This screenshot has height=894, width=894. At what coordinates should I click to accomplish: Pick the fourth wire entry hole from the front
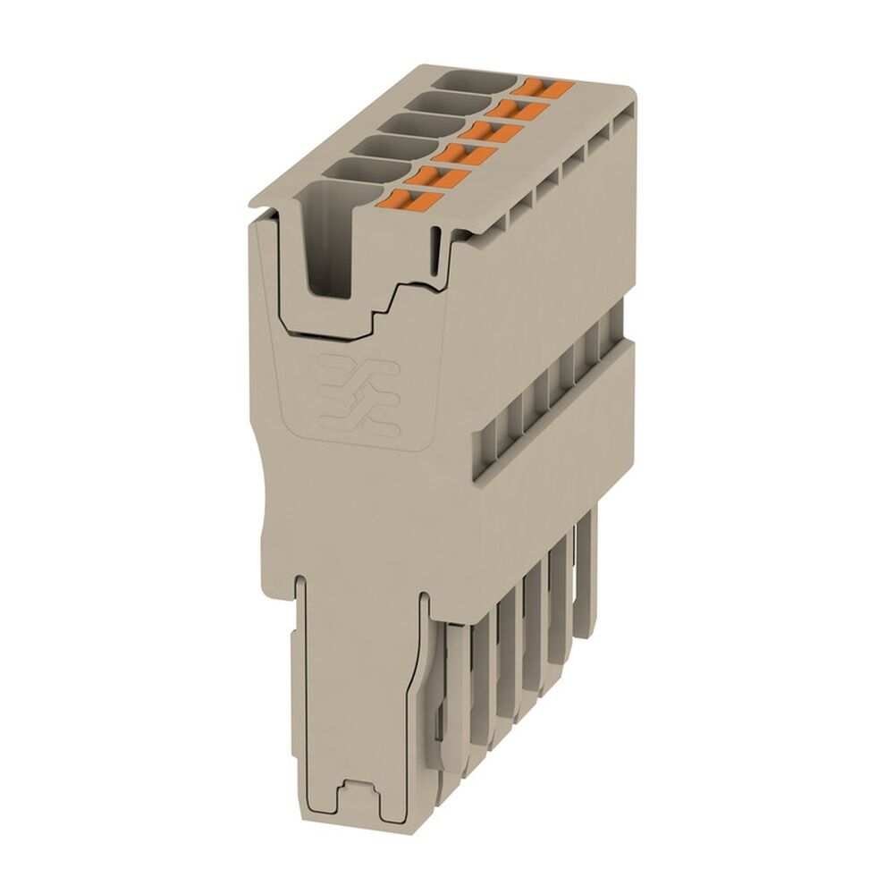pyautogui.click(x=412, y=124)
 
